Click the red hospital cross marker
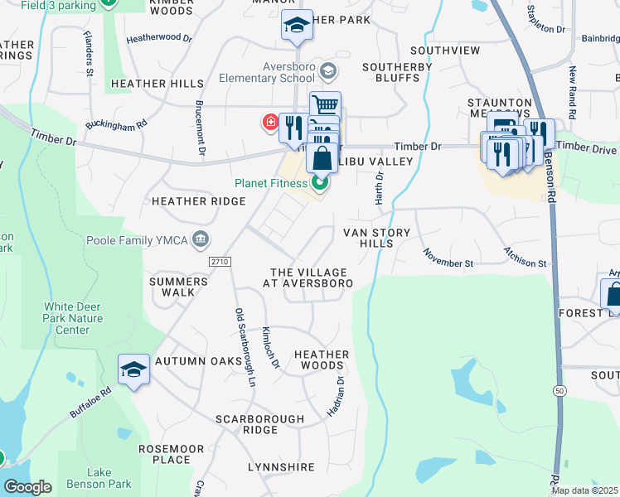coord(270,123)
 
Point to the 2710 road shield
coord(219,262)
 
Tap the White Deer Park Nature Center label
coord(73,318)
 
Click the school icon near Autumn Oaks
coord(133,369)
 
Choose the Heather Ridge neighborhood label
coord(199,201)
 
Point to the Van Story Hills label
coord(377,238)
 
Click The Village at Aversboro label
coord(308,277)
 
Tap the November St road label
coord(447,258)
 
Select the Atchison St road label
coord(526,257)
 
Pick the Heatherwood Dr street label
coord(159,38)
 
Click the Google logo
coord(27,487)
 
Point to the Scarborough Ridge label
coord(259,424)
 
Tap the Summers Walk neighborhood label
coord(177,287)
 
